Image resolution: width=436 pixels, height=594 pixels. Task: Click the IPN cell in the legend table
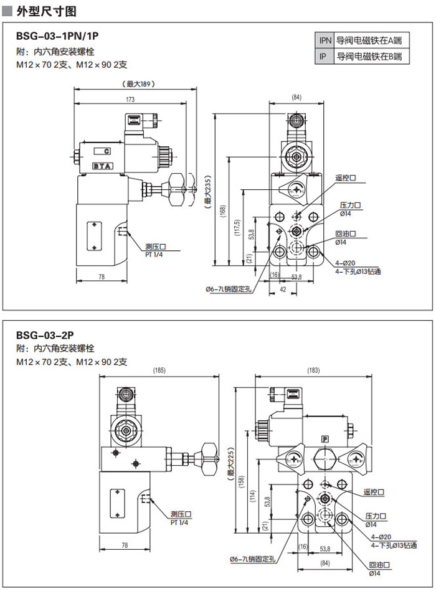click(x=325, y=40)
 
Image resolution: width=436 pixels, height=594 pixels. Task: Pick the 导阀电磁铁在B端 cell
click(x=369, y=57)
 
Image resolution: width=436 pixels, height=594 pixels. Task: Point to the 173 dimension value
click(x=130, y=100)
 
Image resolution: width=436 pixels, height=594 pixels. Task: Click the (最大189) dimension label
click(x=138, y=84)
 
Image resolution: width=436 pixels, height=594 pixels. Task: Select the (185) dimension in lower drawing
click(x=159, y=371)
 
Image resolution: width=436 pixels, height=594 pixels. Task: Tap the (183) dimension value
click(x=313, y=371)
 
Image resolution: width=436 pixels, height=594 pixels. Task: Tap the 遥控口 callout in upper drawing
click(x=345, y=178)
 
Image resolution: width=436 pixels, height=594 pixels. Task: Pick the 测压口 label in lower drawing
click(x=180, y=514)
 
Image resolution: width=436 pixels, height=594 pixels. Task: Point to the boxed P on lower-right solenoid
click(x=325, y=438)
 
